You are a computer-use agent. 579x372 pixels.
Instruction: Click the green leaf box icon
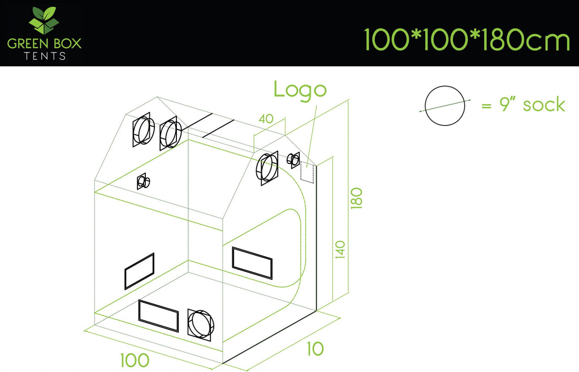[x=44, y=20]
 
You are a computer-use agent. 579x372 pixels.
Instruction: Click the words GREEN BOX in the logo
[x=44, y=44]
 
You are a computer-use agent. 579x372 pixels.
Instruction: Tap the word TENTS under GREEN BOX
[x=45, y=56]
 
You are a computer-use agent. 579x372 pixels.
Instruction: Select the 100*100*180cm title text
[x=466, y=40]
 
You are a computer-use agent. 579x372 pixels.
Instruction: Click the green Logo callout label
[x=300, y=90]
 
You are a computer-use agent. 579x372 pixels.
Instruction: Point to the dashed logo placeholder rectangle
[x=307, y=172]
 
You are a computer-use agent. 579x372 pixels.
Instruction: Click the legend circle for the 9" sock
[x=444, y=106]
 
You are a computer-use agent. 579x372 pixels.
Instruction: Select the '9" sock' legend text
[x=532, y=105]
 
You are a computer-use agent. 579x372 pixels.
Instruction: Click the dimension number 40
[x=266, y=119]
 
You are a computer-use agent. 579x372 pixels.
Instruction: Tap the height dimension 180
[x=356, y=198]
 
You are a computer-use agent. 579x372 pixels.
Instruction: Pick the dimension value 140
[x=340, y=249]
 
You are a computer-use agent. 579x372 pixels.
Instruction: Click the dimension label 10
[x=315, y=349]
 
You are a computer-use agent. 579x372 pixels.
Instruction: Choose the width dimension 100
[x=135, y=360]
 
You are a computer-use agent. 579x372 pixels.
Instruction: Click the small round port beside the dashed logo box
[x=294, y=159]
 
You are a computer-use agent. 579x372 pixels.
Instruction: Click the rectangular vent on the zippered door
[x=252, y=263]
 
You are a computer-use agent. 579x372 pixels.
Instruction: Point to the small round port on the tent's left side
[x=143, y=181]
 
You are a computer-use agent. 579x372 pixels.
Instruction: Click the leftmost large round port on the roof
[x=142, y=129]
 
